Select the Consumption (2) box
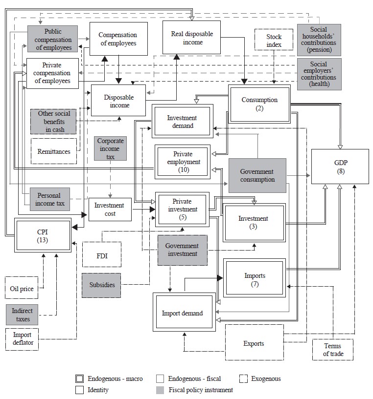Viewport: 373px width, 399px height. coord(259,104)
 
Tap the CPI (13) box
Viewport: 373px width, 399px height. coord(43,235)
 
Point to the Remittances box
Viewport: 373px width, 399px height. coord(54,151)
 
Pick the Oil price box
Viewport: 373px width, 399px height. coord(22,289)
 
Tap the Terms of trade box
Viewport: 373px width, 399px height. coord(333,350)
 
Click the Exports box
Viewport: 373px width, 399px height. coord(254,343)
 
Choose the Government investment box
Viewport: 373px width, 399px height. coord(182,250)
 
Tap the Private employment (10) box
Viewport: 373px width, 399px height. coord(182,162)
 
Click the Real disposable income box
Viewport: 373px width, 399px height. coord(191,37)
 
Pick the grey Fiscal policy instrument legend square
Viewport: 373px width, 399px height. coord(159,390)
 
